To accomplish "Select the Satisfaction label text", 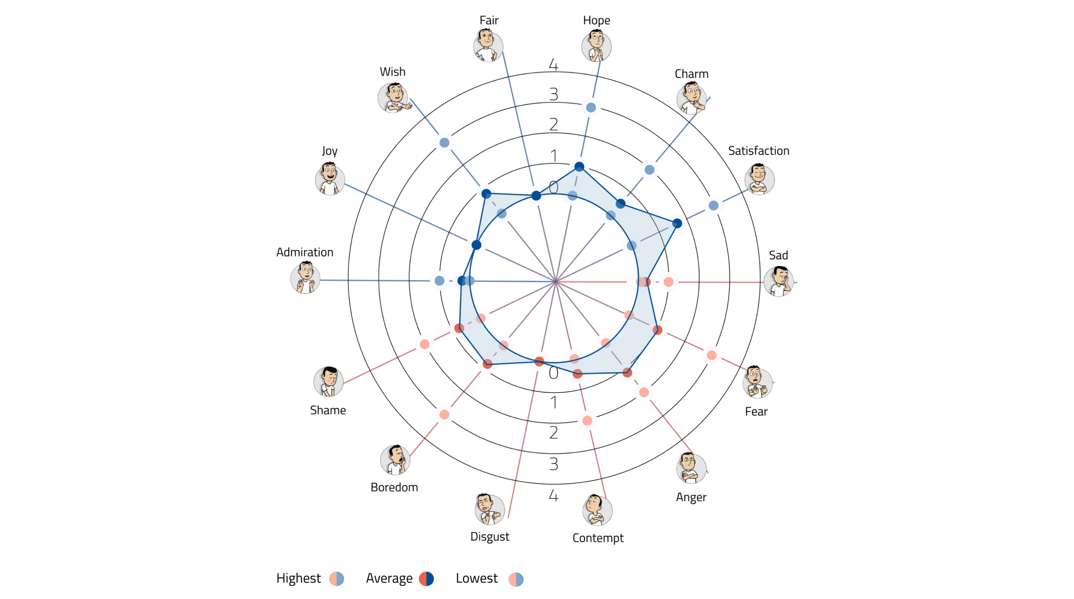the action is [x=758, y=151].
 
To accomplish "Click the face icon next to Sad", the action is [x=779, y=281].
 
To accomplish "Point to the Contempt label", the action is [x=598, y=538].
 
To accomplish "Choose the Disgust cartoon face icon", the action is [x=489, y=509].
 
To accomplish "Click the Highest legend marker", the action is [x=336, y=578].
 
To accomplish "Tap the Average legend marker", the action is [x=426, y=578].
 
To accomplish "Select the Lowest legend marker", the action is [x=516, y=579].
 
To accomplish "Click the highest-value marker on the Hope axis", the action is [x=591, y=107].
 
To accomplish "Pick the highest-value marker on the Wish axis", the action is [x=445, y=143].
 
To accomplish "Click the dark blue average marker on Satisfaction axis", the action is [x=677, y=224].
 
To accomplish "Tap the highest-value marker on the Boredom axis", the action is [x=445, y=415].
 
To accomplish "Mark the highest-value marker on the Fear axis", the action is [x=712, y=356].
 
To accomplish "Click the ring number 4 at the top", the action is [x=553, y=65].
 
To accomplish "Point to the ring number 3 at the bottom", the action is [x=553, y=464].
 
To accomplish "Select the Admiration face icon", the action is [x=305, y=278].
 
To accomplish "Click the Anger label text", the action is [x=691, y=497].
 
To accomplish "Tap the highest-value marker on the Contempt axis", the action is [x=587, y=421].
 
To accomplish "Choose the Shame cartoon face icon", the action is [x=328, y=381].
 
